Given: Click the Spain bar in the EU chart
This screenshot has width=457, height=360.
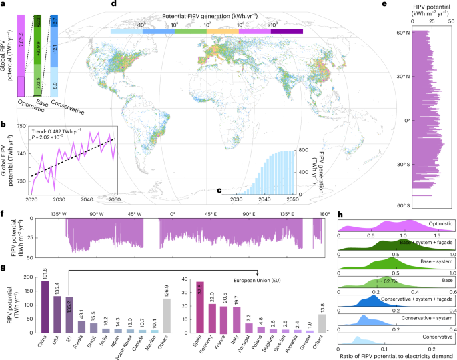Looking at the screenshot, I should (200, 306).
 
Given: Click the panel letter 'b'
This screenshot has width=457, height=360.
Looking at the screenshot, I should (4, 124).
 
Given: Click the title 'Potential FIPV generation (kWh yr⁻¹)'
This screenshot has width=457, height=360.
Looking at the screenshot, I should (207, 14).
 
